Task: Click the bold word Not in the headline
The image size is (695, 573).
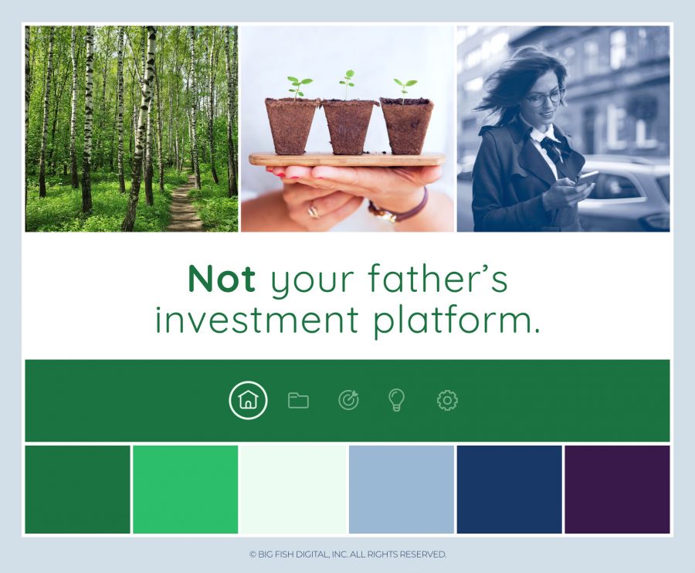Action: (222, 280)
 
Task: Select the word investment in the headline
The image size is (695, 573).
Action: (256, 320)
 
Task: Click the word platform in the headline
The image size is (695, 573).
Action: (457, 320)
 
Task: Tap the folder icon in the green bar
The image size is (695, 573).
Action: (298, 401)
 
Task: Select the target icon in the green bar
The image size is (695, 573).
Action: (349, 400)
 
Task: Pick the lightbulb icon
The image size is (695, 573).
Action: (396, 400)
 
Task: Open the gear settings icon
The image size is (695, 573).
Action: (447, 401)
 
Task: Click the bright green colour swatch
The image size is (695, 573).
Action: (185, 490)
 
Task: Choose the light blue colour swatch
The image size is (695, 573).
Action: (402, 490)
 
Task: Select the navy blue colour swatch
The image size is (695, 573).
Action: (510, 490)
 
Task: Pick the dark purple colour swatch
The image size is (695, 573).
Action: (618, 490)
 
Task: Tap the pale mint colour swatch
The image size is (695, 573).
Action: (293, 490)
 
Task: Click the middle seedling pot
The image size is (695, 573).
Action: (349, 127)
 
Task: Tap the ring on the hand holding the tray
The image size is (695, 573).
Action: (314, 212)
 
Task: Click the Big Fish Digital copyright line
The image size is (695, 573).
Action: (347, 554)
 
